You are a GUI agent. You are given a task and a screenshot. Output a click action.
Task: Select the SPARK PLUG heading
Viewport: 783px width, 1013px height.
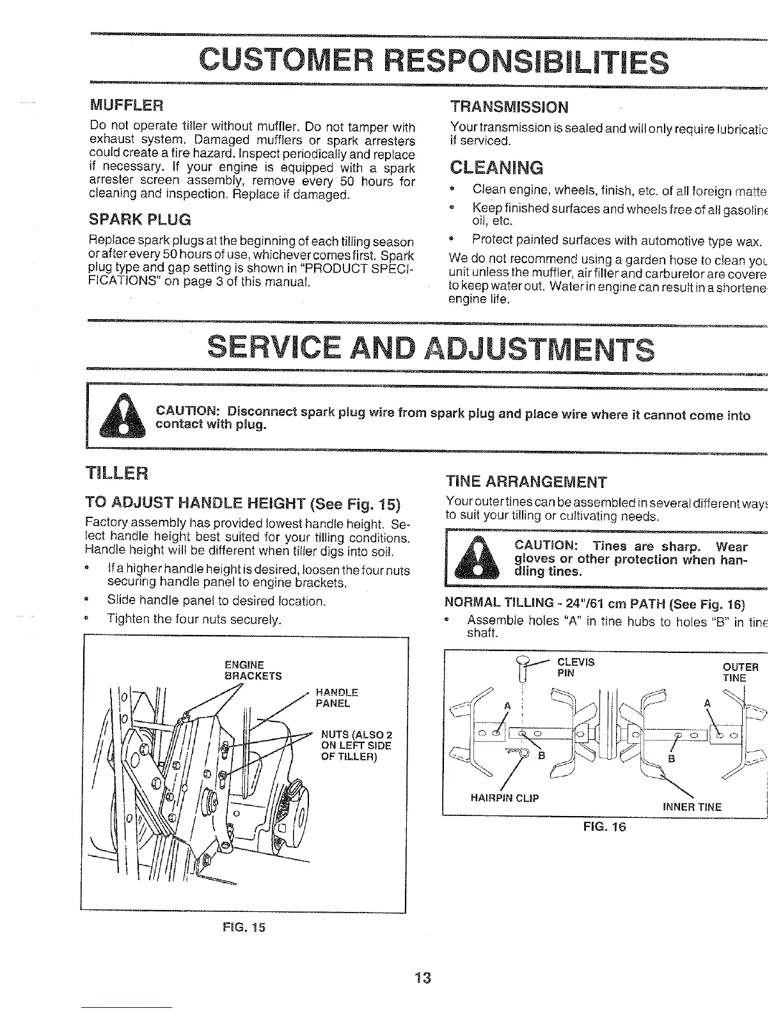click(140, 219)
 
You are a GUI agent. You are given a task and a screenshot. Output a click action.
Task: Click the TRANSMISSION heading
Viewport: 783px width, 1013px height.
click(509, 106)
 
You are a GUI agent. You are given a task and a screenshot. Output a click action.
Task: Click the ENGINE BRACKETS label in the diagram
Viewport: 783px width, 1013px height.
click(253, 670)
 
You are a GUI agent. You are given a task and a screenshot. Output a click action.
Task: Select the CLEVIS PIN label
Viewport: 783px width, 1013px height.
click(576, 667)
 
